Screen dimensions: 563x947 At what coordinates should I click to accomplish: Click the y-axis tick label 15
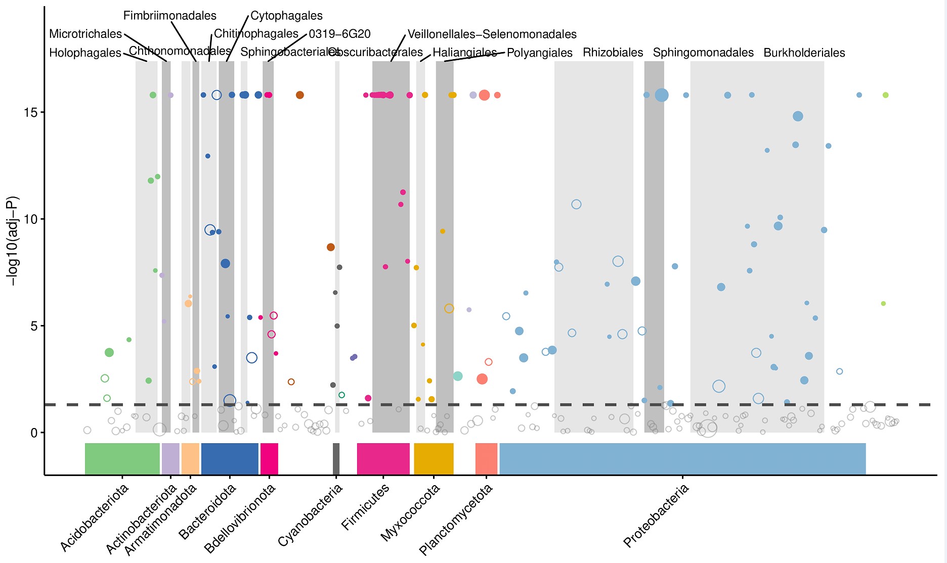pos(30,112)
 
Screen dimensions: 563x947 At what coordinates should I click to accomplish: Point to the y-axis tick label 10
pos(30,219)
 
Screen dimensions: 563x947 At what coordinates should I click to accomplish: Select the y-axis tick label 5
pos(34,326)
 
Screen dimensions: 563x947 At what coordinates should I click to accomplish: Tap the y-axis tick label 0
pos(34,433)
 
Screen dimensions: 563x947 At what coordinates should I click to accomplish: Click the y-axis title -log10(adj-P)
pos(12,241)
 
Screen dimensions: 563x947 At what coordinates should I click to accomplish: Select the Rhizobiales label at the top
pos(613,53)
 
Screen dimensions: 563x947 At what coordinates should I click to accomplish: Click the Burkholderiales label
pos(804,53)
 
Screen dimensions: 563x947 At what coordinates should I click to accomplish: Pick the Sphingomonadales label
pos(703,53)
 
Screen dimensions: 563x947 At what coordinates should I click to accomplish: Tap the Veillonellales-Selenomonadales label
pos(492,34)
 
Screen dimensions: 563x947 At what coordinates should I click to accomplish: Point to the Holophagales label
pos(85,53)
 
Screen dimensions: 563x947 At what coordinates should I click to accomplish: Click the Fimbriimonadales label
pos(169,16)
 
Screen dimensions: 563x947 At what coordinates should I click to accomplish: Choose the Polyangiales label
pos(539,53)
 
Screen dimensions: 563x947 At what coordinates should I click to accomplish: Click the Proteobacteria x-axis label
pos(656,515)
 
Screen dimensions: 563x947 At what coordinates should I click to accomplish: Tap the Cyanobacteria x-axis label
pos(310,515)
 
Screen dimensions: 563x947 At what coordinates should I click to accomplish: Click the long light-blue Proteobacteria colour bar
pos(682,459)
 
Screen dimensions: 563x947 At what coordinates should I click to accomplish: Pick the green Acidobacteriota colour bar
pos(122,459)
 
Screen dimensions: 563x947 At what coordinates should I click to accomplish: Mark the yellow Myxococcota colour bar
pos(434,459)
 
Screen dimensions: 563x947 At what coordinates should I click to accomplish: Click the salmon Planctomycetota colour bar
pos(486,459)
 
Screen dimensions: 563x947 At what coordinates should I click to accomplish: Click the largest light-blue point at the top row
pos(661,95)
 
